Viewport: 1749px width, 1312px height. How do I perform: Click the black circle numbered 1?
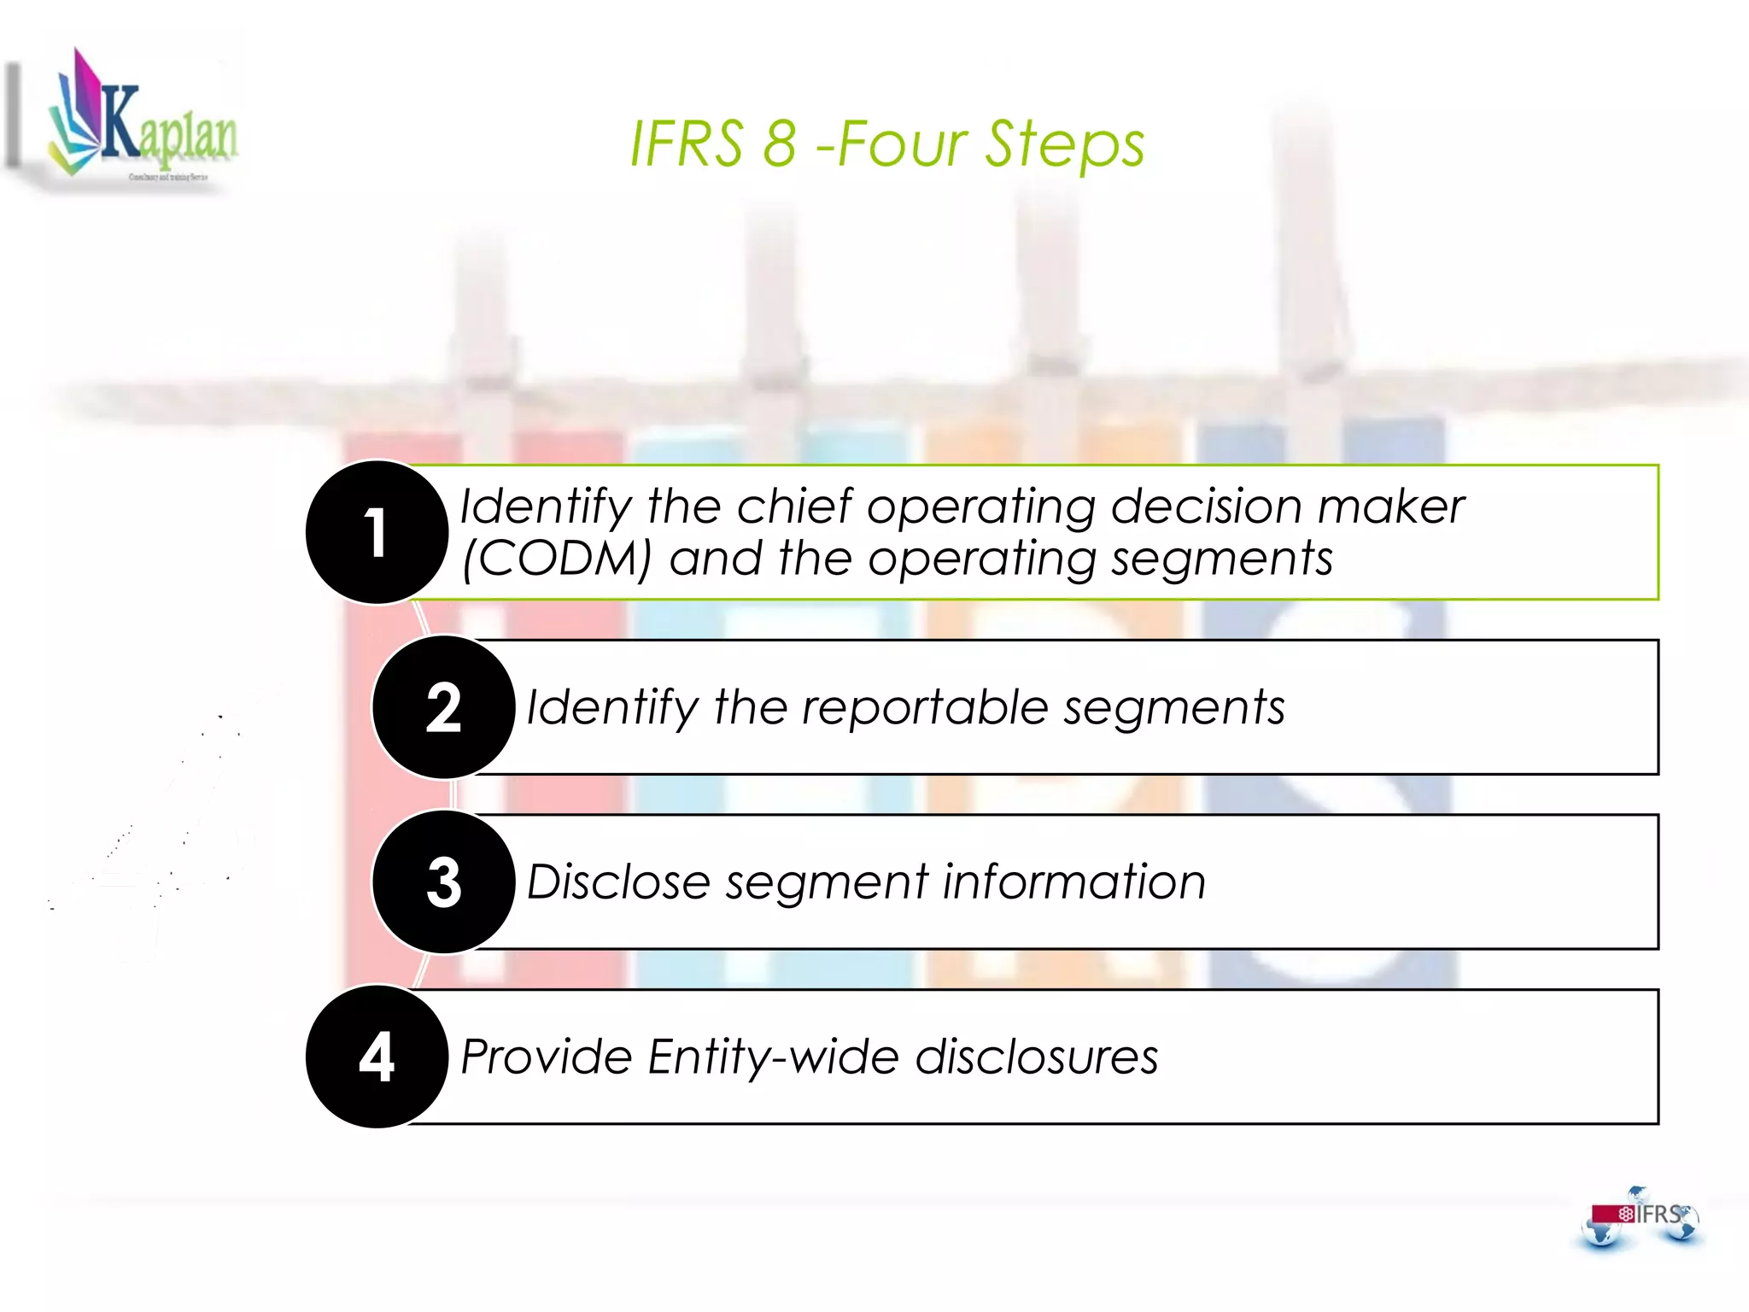coord(377,533)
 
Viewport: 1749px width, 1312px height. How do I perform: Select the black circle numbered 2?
coord(443,708)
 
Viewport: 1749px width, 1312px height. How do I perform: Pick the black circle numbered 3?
coord(443,882)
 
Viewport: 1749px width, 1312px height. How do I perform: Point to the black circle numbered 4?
coord(377,1057)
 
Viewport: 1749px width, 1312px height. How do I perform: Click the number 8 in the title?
coord(779,143)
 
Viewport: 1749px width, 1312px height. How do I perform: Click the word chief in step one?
coord(794,506)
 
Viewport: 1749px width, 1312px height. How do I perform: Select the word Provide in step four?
coord(547,1057)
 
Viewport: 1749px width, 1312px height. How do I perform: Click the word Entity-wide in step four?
coord(773,1057)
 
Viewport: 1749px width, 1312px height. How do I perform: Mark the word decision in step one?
coord(1206,507)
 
